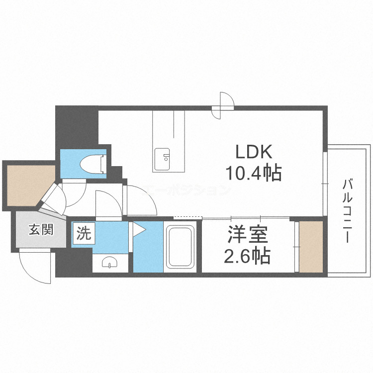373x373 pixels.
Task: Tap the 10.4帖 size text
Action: tap(254, 173)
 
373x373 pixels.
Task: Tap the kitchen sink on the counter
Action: tap(162, 158)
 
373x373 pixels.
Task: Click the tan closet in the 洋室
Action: tap(311, 247)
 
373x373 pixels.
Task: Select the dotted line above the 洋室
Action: tap(188, 217)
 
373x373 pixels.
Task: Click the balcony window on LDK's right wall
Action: tap(325, 184)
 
